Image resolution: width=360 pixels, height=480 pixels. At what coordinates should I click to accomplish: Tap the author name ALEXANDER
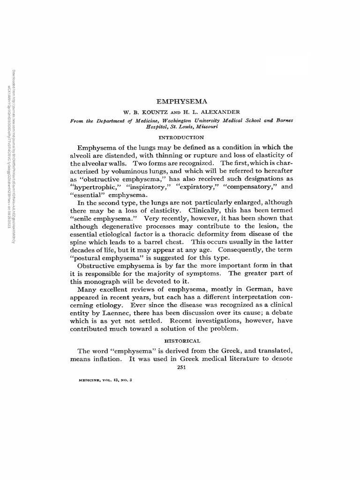click(x=218, y=112)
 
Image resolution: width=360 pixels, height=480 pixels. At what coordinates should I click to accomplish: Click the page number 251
click(x=181, y=367)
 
